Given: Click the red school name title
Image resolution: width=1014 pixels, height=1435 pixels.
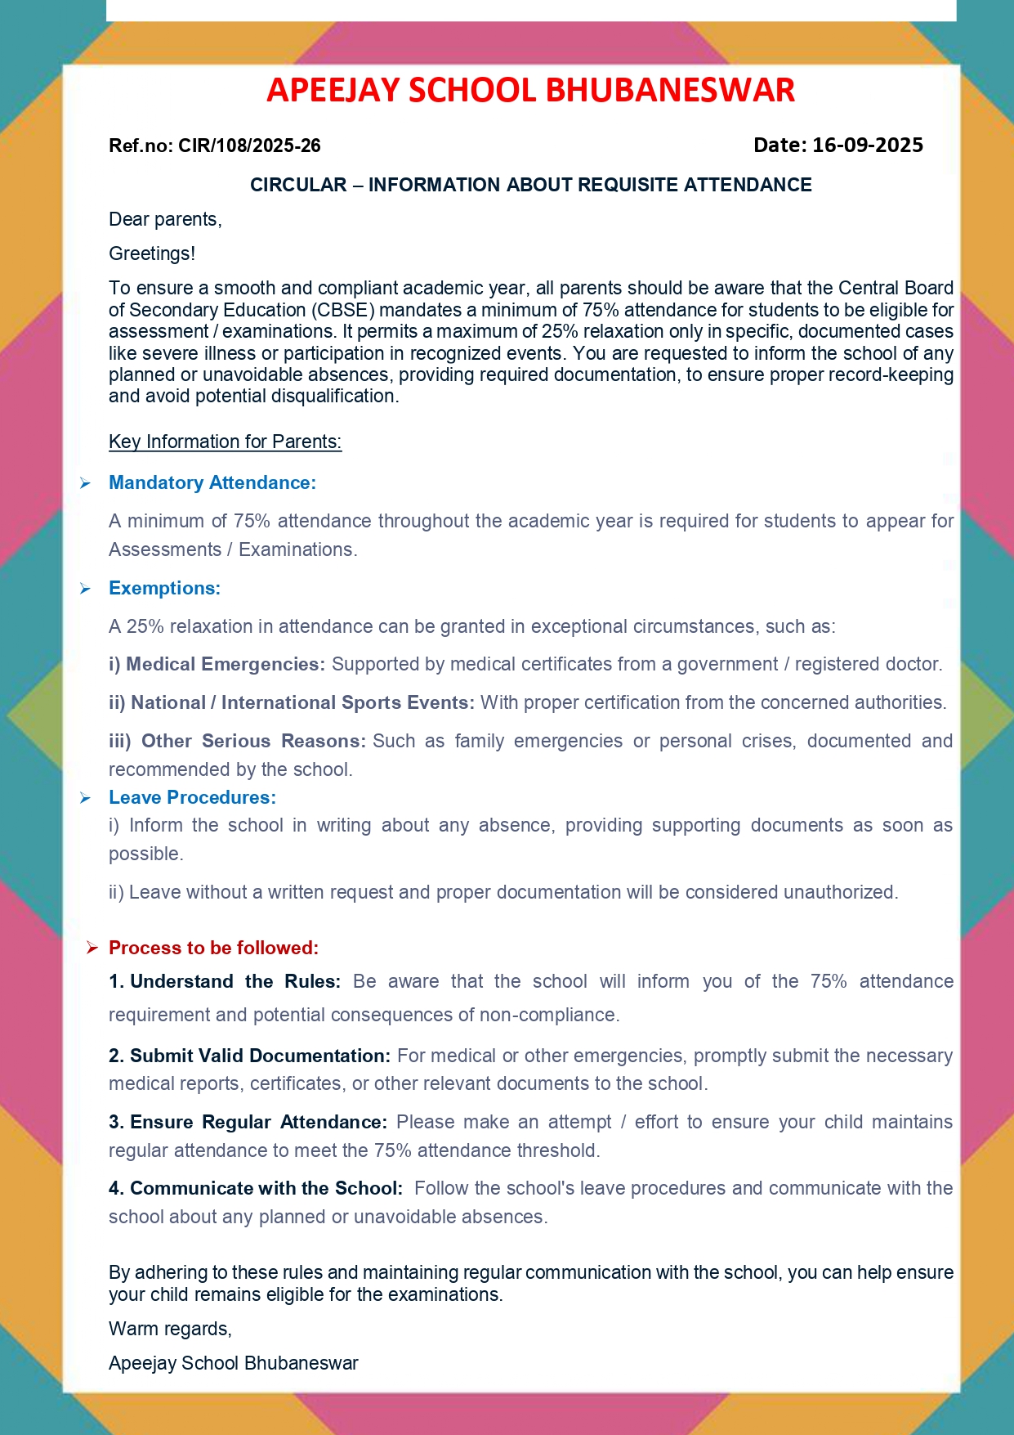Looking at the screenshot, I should [x=530, y=90].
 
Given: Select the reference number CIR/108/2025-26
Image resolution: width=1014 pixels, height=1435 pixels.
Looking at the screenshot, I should [x=249, y=146].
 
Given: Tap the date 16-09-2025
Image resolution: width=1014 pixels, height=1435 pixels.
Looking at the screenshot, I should [x=867, y=146].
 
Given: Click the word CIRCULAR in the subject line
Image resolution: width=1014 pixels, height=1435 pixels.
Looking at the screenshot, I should [x=298, y=186].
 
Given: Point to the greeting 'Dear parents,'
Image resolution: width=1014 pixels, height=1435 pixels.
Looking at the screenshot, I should [x=165, y=219].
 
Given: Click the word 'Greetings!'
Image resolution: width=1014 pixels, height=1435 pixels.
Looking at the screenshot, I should [x=152, y=253].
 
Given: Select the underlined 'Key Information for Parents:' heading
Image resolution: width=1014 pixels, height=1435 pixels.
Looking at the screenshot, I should [x=225, y=442].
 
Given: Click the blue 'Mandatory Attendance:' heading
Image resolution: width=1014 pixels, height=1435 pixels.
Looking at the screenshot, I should [x=212, y=483].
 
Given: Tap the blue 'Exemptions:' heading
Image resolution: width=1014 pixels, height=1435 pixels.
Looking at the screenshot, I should [x=164, y=589].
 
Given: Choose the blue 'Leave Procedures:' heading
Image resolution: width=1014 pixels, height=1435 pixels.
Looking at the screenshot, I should [x=192, y=798].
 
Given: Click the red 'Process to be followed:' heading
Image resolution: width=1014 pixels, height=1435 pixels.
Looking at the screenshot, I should [x=213, y=948].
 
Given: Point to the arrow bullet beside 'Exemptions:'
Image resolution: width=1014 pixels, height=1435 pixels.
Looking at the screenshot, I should [x=85, y=590].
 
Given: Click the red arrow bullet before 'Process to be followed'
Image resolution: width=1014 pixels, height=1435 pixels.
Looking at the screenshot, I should [x=92, y=948].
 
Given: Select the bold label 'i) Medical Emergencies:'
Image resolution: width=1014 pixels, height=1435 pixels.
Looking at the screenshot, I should [x=217, y=665].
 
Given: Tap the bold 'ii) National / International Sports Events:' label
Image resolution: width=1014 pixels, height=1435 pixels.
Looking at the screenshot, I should [x=292, y=703].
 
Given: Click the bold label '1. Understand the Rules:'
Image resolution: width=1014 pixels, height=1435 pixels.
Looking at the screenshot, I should [x=224, y=982].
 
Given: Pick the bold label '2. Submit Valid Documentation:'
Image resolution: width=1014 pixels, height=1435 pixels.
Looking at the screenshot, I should [x=249, y=1056].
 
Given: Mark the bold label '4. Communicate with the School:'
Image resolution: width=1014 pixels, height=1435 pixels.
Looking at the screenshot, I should [x=255, y=1189].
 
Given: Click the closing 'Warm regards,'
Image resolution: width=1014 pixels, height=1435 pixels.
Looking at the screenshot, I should [x=170, y=1330].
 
